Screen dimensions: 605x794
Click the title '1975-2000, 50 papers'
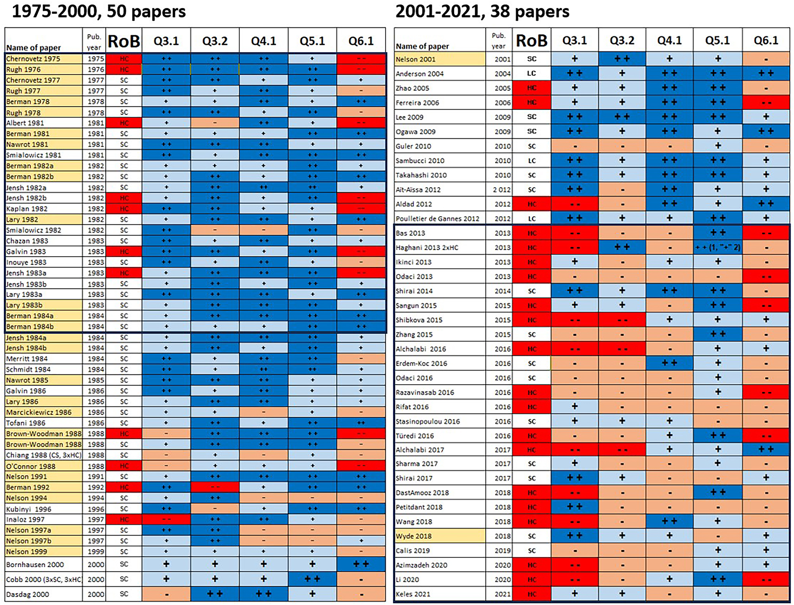99,12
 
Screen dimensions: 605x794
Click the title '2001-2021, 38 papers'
482,12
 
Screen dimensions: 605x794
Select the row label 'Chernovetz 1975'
33,59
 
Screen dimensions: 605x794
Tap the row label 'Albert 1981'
25,123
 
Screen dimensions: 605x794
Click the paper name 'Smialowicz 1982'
34,230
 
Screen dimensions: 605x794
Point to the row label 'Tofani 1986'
26,423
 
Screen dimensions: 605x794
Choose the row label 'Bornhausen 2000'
35,564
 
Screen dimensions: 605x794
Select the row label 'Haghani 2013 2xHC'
427,247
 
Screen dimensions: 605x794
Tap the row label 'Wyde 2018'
413,536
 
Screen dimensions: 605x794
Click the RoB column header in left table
124,41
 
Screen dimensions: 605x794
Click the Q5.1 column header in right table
717,41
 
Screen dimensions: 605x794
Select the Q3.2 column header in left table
215,41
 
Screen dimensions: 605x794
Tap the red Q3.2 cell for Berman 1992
215,487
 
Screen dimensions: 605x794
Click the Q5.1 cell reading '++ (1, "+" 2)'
717,247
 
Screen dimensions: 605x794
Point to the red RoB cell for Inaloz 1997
124,520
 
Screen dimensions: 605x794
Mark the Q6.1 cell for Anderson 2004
766,73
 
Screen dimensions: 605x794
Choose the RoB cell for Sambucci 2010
532,160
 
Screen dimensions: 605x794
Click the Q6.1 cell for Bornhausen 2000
361,564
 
